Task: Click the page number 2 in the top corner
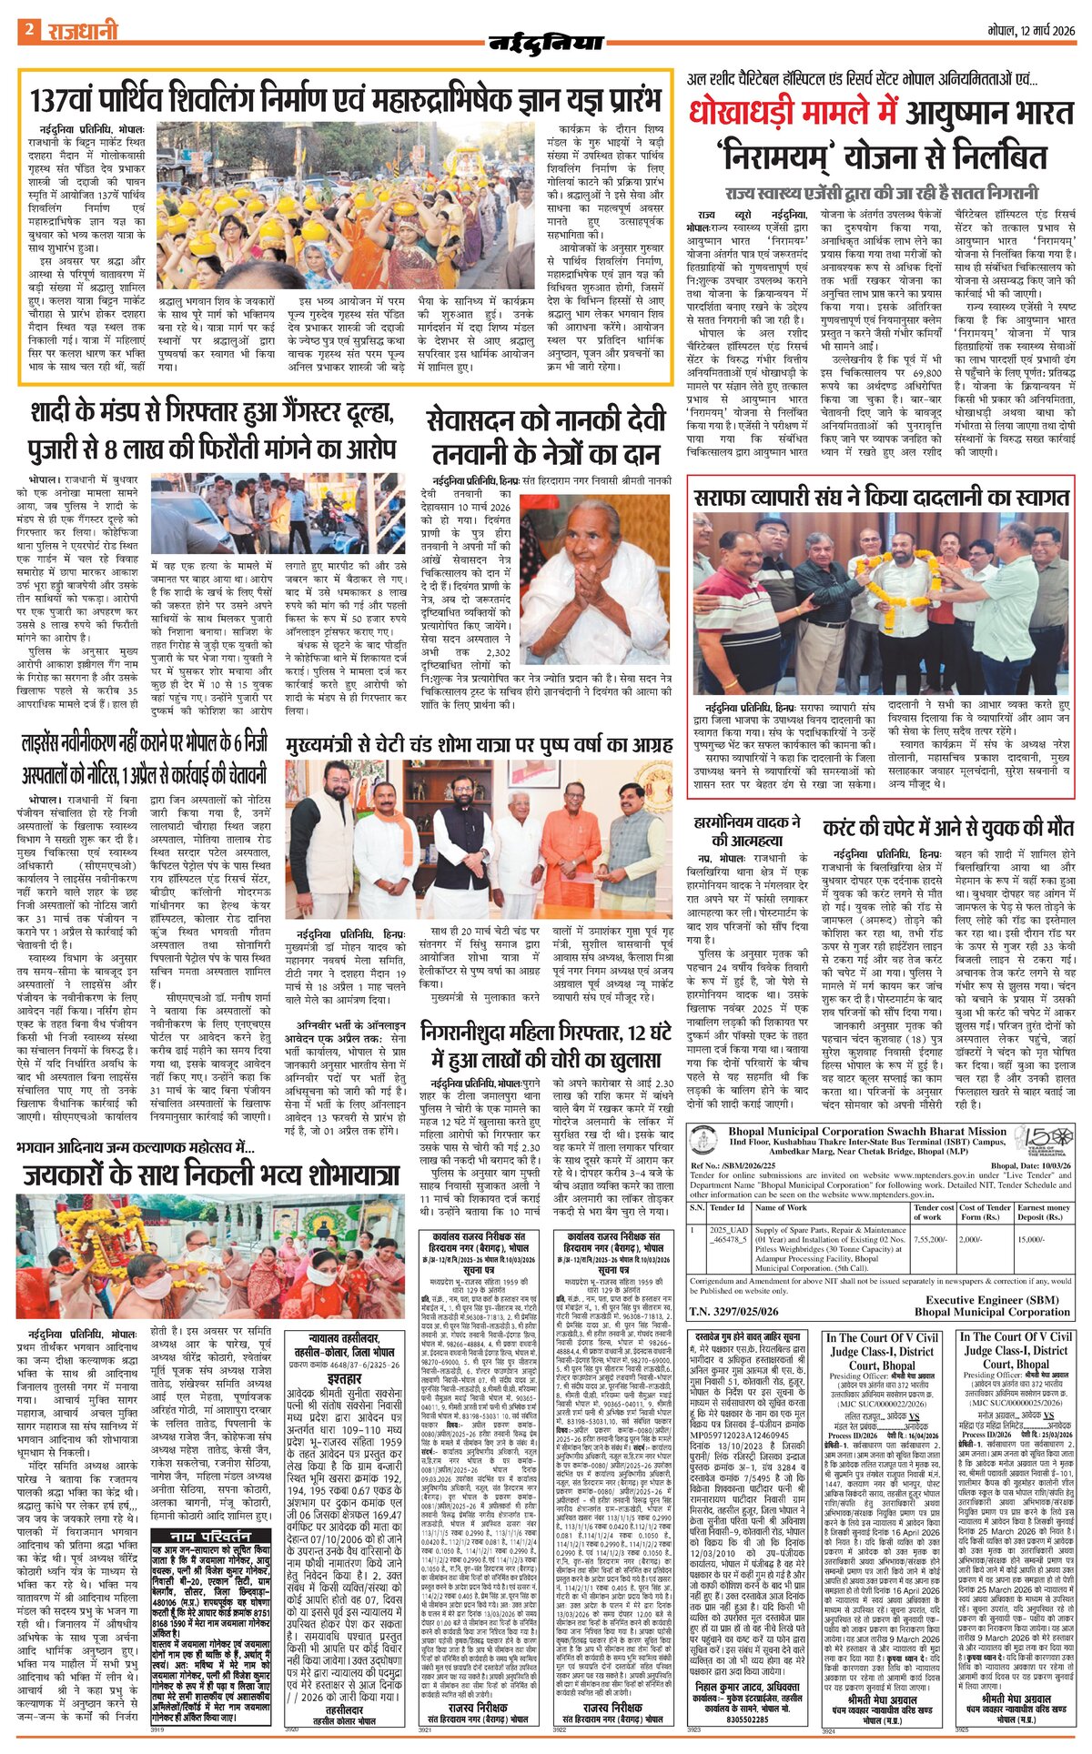point(29,30)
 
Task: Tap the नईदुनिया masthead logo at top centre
point(546,43)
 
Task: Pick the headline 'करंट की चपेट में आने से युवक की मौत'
point(947,829)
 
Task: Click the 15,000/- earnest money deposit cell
point(1032,1239)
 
